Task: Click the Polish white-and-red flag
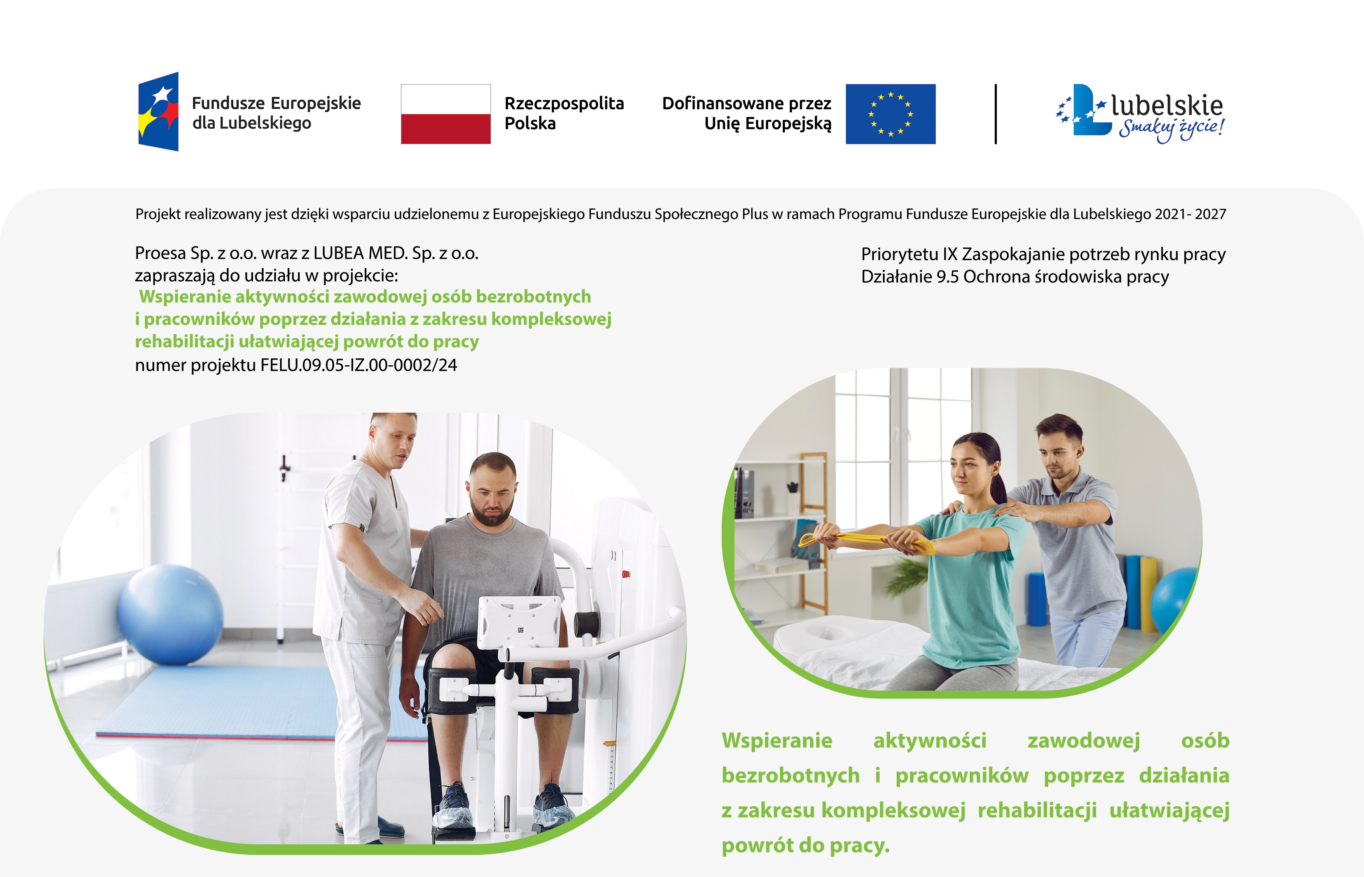coord(446,114)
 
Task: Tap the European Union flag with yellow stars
coord(890,114)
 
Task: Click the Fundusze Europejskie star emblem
coord(158,112)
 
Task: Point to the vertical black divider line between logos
coord(995,114)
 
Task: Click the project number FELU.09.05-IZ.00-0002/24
coord(358,365)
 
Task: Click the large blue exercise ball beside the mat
coord(170,615)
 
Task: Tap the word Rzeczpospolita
coord(564,103)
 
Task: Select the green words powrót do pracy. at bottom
coord(805,845)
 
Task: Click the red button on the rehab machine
coord(626,574)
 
